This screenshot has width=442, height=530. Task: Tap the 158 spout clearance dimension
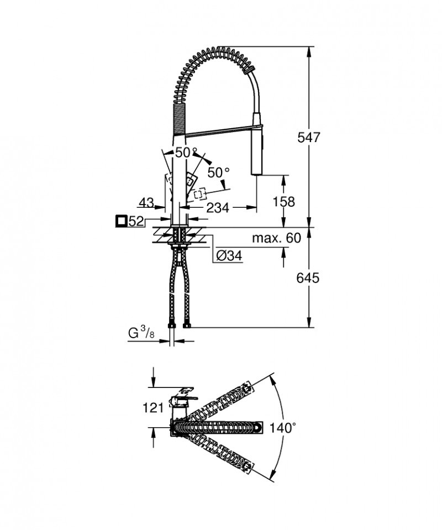click(284, 202)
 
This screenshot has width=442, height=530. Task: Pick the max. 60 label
click(276, 238)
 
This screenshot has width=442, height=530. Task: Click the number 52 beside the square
click(136, 222)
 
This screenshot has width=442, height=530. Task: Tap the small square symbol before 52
click(121, 222)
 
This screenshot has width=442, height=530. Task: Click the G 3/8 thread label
click(140, 334)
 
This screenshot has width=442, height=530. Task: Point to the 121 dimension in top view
click(153, 408)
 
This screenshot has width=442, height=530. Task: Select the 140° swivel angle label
click(283, 427)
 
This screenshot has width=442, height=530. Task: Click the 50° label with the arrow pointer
click(218, 172)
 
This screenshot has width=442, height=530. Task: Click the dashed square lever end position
click(199, 193)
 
